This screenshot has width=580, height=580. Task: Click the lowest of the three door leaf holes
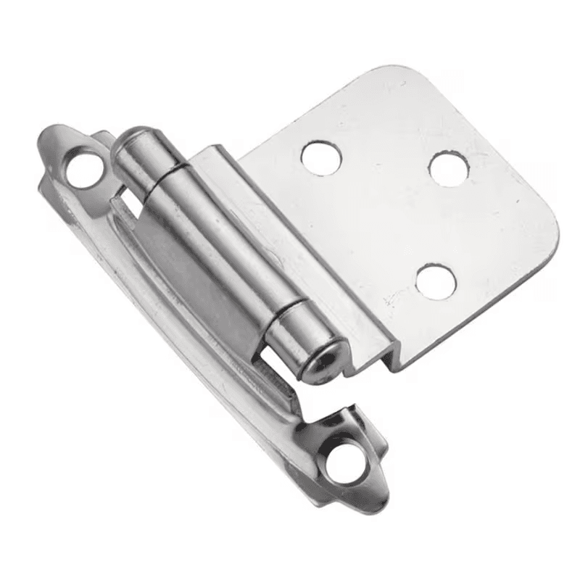point(436,281)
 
